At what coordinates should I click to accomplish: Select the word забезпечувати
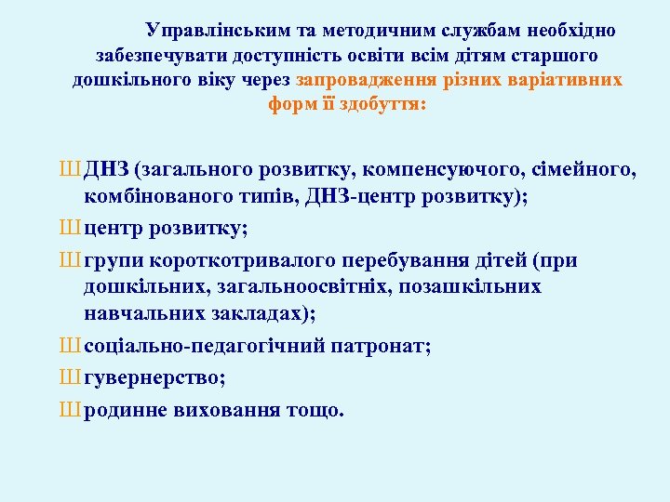pos(156,55)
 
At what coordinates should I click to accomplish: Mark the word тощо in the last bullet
pos(315,410)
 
